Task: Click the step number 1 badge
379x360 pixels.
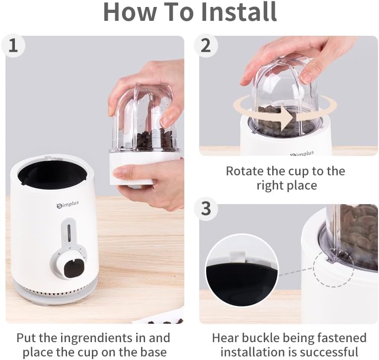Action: click(13, 46)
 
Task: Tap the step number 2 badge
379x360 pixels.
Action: click(206, 46)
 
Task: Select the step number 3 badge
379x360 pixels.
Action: click(206, 208)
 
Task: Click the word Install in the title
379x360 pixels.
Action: click(239, 12)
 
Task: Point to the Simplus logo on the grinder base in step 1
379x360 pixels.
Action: click(68, 204)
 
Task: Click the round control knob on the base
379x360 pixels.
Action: click(69, 264)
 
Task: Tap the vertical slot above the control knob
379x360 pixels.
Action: click(69, 232)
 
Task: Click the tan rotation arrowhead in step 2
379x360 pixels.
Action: click(288, 118)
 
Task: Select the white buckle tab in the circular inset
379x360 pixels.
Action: click(237, 256)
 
